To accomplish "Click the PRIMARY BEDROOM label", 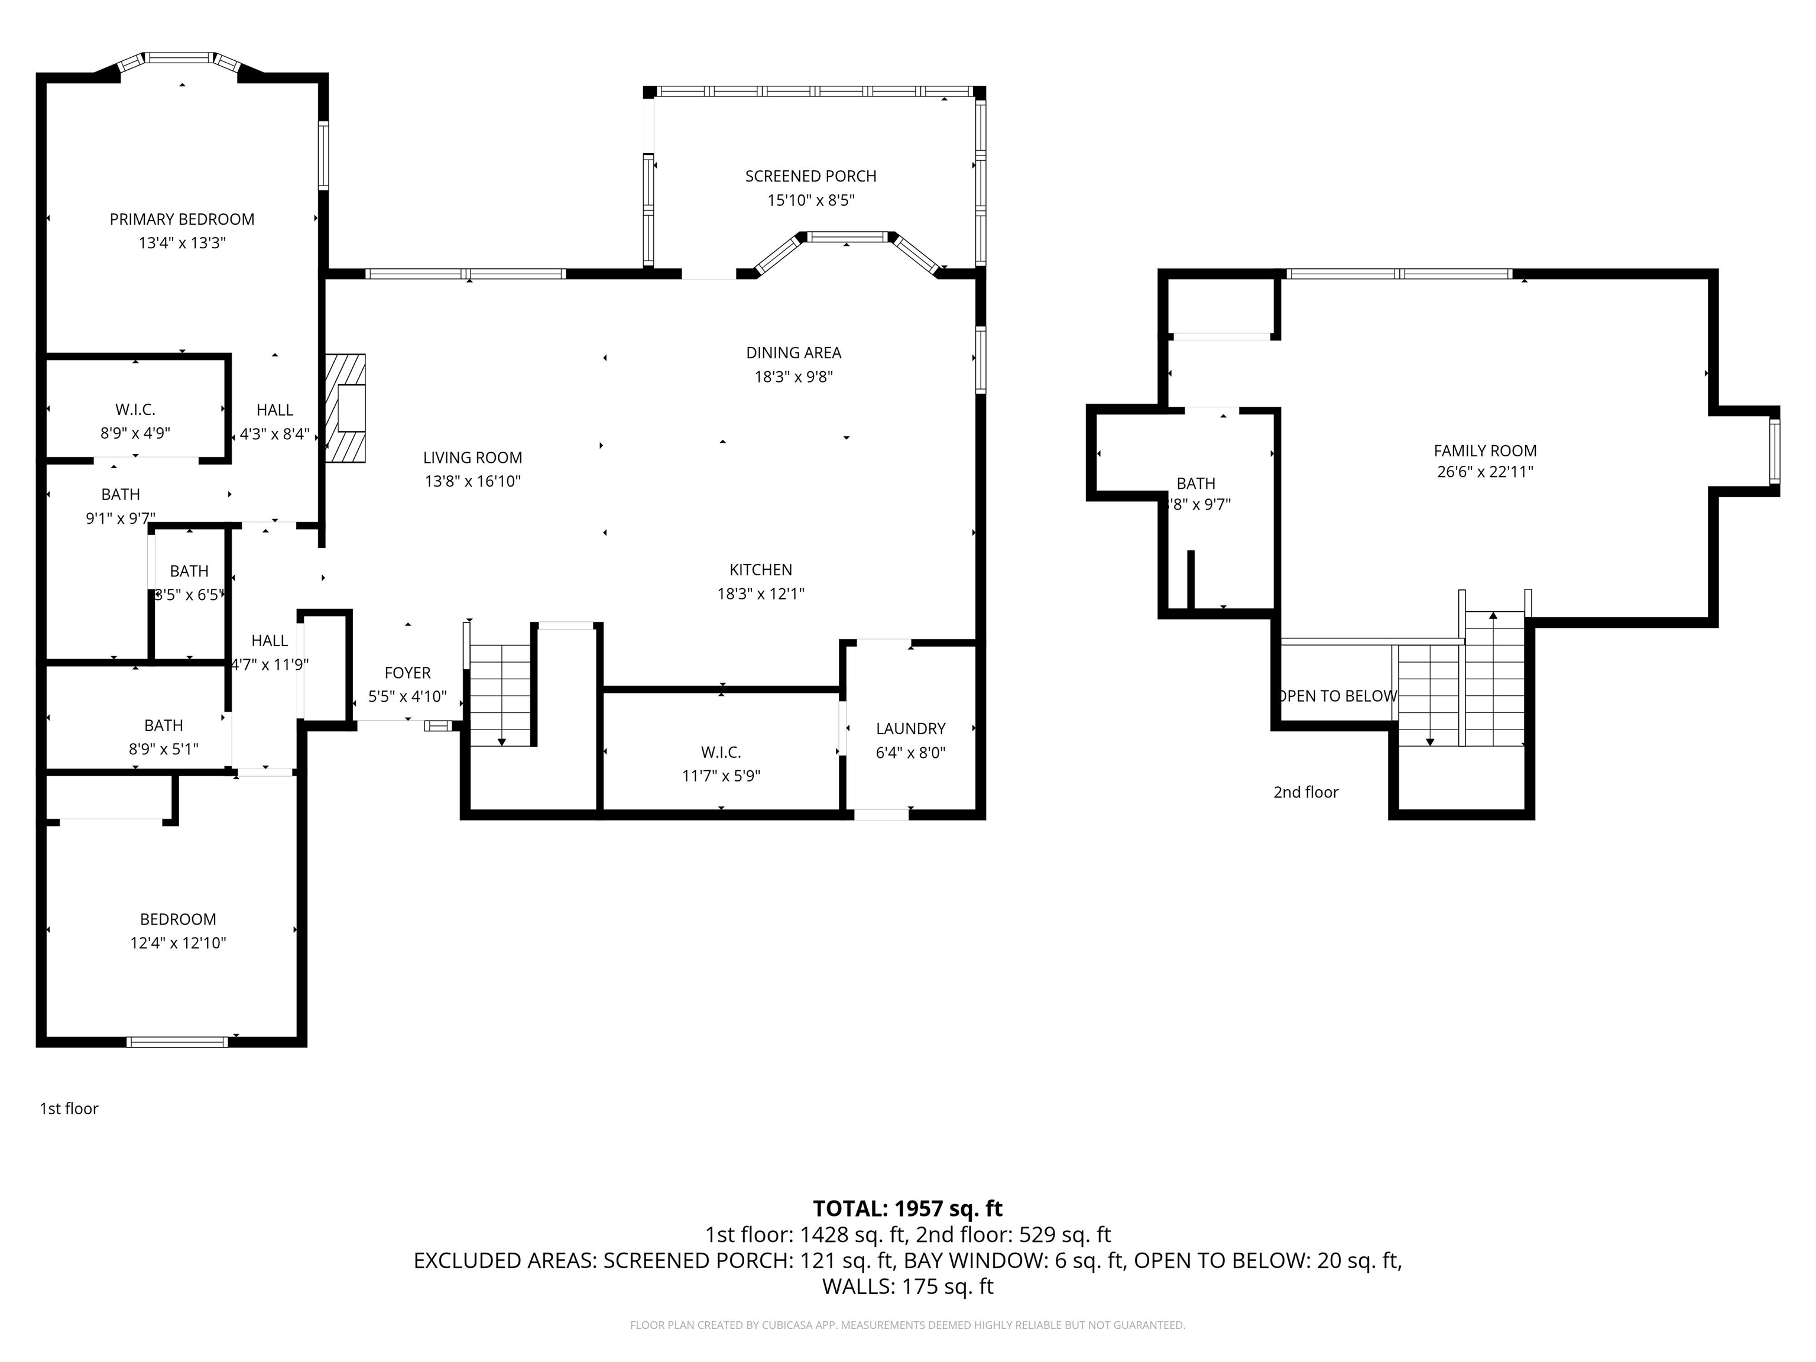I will coord(181,219).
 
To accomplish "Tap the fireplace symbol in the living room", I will coord(346,408).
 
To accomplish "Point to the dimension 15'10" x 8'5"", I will coord(810,200).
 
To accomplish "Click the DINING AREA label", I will coord(793,353).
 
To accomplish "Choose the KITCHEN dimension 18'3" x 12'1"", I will coord(760,594).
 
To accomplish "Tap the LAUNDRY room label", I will coord(910,728).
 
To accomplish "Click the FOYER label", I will coord(407,673).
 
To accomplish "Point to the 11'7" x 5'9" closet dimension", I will coord(721,776).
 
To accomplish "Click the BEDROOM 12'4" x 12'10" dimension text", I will coord(177,943).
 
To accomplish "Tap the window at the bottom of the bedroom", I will coord(177,1042).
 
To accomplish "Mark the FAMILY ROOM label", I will coord(1484,450).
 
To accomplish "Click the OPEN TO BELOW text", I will coord(1338,696).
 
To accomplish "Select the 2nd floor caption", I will coord(1305,792).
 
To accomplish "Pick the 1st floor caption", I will coord(69,1108).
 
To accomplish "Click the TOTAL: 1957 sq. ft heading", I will coord(907,1208).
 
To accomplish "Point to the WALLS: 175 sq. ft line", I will coord(907,1286).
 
